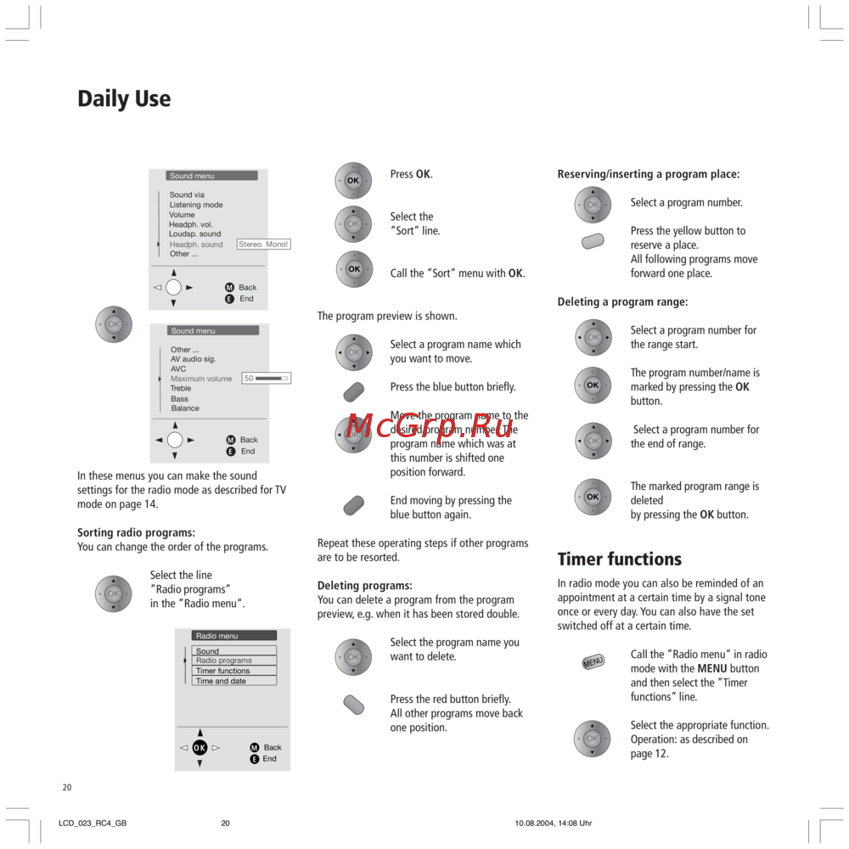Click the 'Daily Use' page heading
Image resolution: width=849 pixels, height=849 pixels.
pos(124,99)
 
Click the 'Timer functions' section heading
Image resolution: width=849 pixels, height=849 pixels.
pos(619,559)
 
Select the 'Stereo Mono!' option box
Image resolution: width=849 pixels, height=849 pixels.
pos(263,245)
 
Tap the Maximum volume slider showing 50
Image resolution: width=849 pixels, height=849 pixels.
pos(267,379)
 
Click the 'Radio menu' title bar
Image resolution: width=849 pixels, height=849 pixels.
pos(233,636)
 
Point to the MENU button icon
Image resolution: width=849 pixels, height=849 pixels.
pos(593,661)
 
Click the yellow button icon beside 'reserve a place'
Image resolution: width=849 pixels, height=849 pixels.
pos(593,241)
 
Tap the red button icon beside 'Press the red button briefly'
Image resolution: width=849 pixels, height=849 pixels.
pos(354,705)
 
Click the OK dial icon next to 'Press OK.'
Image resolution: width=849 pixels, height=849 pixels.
pos(353,181)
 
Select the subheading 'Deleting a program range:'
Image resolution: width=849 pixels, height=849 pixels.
pos(622,302)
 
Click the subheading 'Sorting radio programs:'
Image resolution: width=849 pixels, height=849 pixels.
pos(136,533)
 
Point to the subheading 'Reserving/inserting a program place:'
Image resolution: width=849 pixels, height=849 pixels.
pos(648,174)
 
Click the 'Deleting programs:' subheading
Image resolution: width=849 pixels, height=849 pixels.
pos(364,586)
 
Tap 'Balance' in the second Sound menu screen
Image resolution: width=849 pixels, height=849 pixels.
pos(185,408)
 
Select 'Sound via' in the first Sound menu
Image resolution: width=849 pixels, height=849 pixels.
pos(187,195)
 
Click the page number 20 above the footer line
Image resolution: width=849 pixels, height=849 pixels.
pos(67,788)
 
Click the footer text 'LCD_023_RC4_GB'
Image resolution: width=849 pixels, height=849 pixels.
pos(93,824)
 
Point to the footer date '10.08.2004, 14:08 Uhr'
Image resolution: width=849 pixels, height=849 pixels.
pos(553,824)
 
